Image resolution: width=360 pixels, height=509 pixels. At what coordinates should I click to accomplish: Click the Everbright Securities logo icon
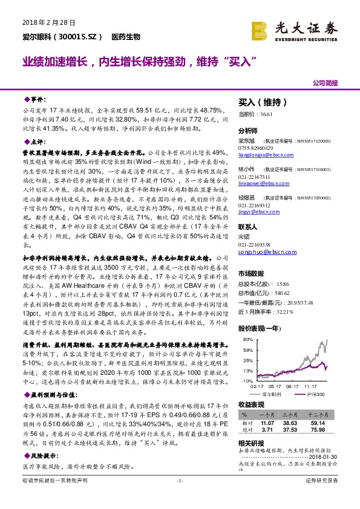pos(260,30)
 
